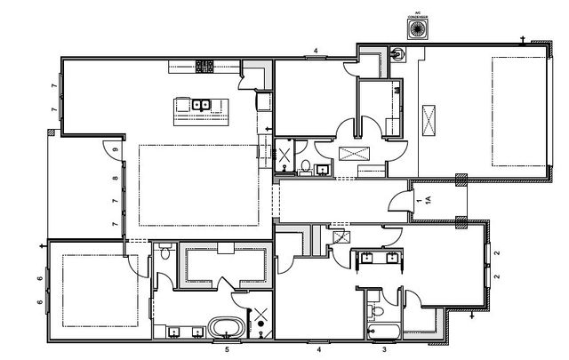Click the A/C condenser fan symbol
point(414,28)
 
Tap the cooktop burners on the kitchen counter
point(205,64)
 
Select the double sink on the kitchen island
point(201,105)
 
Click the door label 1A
point(428,201)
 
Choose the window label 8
point(116,179)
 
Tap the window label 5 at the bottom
point(227,350)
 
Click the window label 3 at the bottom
point(384,350)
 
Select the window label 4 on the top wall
point(317,51)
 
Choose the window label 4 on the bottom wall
point(317,350)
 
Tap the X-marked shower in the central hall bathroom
point(285,156)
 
